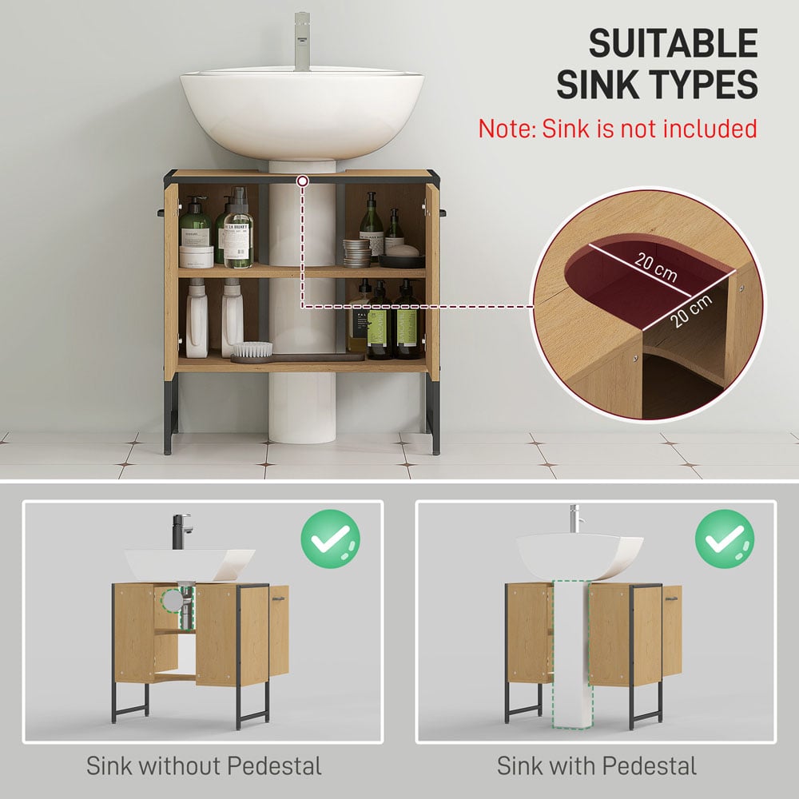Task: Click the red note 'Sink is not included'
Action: click(x=617, y=128)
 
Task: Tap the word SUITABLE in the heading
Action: click(x=673, y=43)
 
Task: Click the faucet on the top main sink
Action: click(x=302, y=40)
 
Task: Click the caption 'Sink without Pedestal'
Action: click(x=204, y=766)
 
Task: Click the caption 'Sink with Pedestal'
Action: click(x=596, y=766)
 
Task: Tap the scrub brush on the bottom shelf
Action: click(x=252, y=349)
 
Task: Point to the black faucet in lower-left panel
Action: click(x=181, y=531)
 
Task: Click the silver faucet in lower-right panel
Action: click(x=575, y=519)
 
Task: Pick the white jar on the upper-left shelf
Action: click(x=196, y=256)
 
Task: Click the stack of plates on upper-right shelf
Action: click(x=357, y=252)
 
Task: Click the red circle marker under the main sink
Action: click(x=302, y=183)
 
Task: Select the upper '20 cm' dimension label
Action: click(x=656, y=268)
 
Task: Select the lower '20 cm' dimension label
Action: click(x=690, y=312)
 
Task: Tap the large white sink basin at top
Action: click(x=302, y=112)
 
